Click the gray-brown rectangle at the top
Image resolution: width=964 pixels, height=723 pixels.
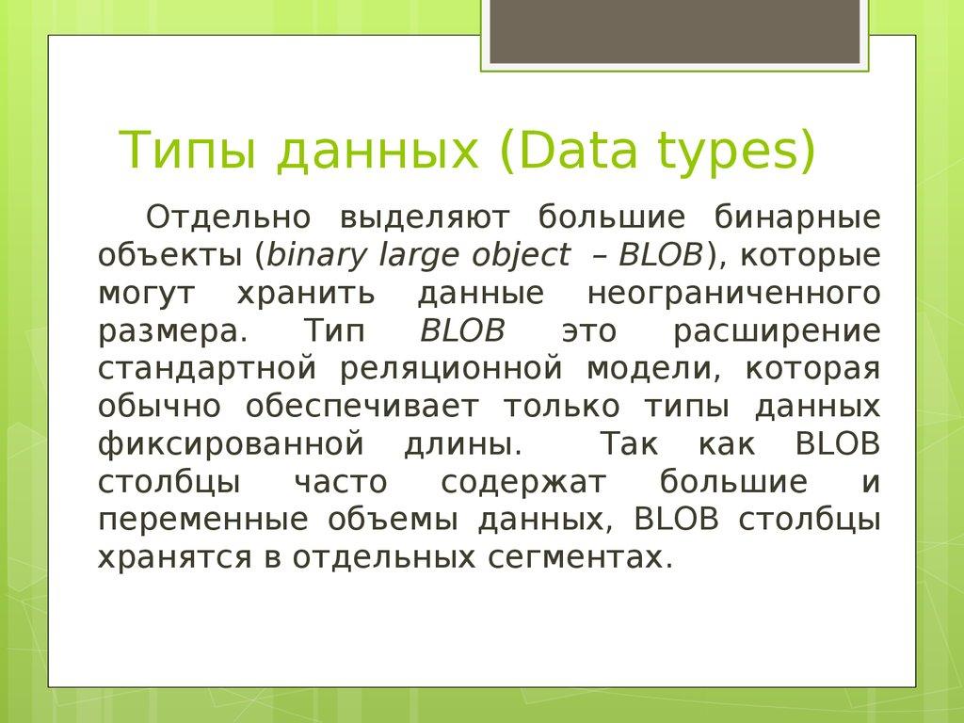[675, 31]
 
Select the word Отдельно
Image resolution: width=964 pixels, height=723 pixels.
[228, 217]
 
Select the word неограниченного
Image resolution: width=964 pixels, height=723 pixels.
[734, 294]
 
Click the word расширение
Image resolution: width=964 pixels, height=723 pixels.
[778, 331]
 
